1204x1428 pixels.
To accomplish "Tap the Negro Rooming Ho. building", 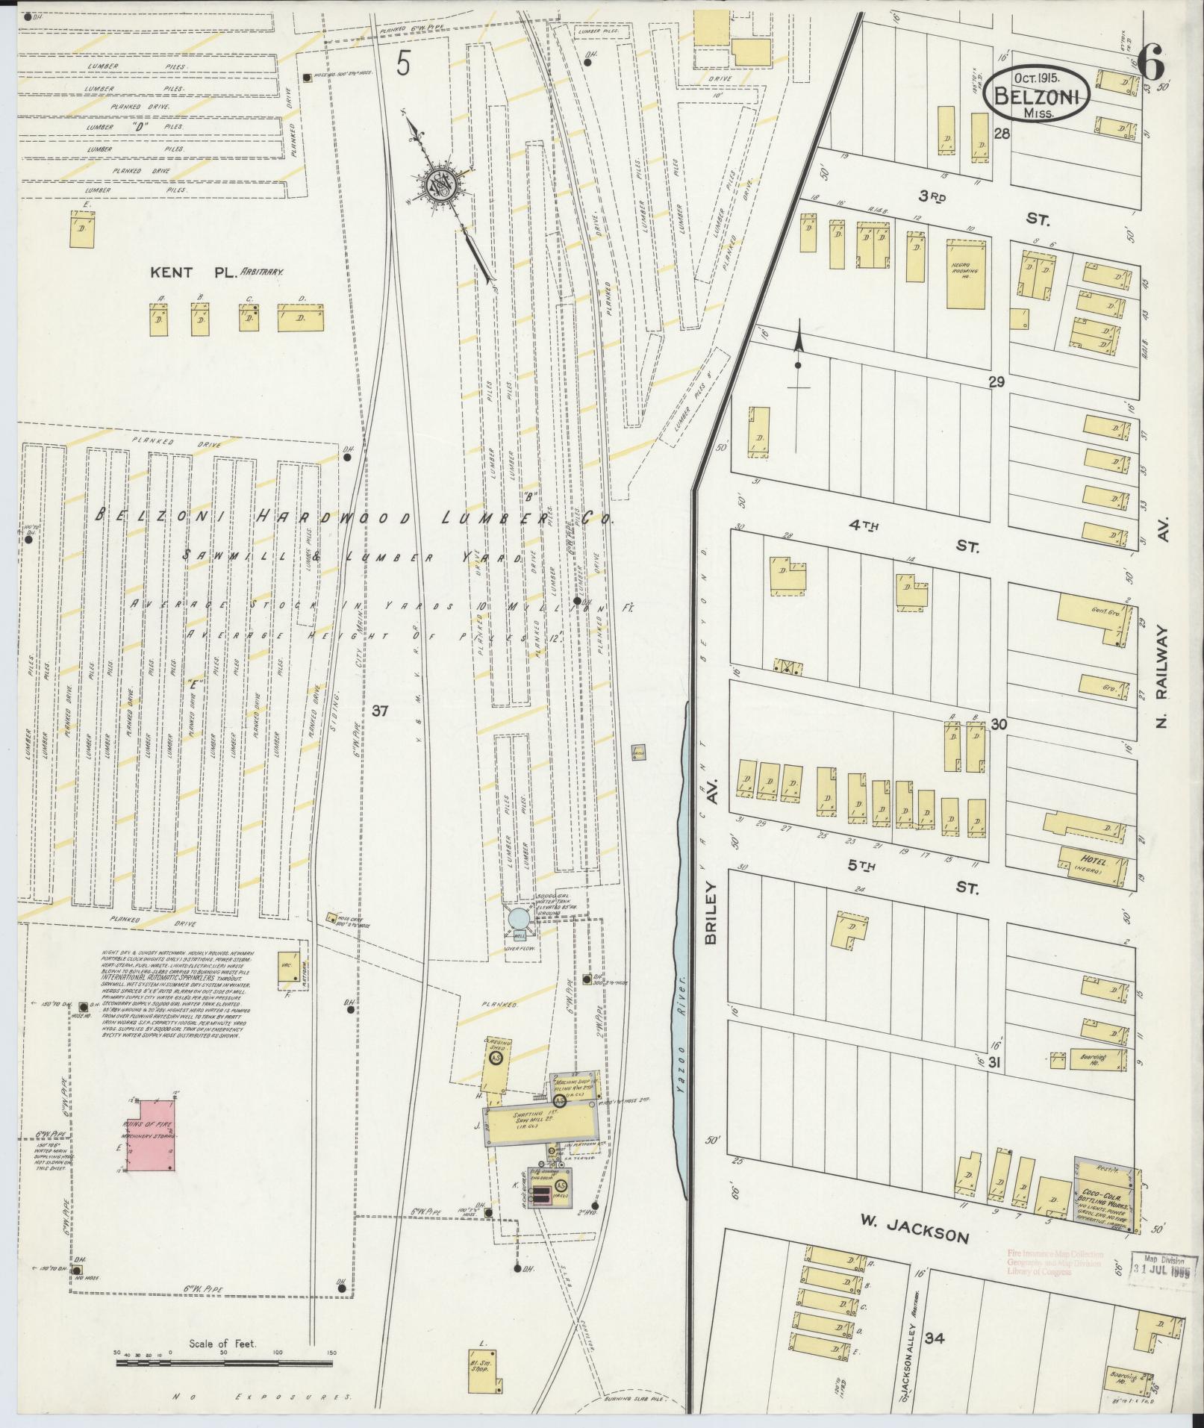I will [967, 273].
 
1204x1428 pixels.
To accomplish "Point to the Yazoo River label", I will [680, 1072].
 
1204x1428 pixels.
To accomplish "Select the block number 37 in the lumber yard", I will [380, 711].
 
